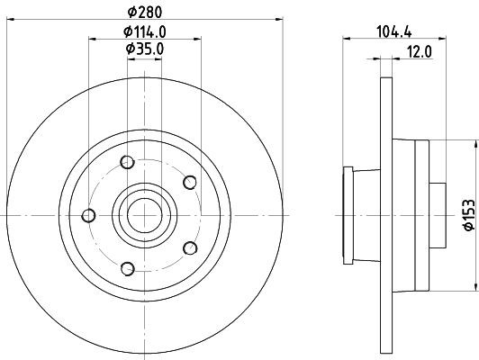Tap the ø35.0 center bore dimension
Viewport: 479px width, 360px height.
coord(144,48)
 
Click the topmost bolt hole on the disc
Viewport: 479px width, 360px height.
coord(126,162)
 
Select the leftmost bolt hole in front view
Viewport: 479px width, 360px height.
coord(88,215)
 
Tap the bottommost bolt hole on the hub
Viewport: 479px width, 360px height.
coord(127,267)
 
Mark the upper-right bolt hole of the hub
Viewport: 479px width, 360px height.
coord(189,183)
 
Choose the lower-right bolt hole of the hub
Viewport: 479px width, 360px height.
coord(189,247)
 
